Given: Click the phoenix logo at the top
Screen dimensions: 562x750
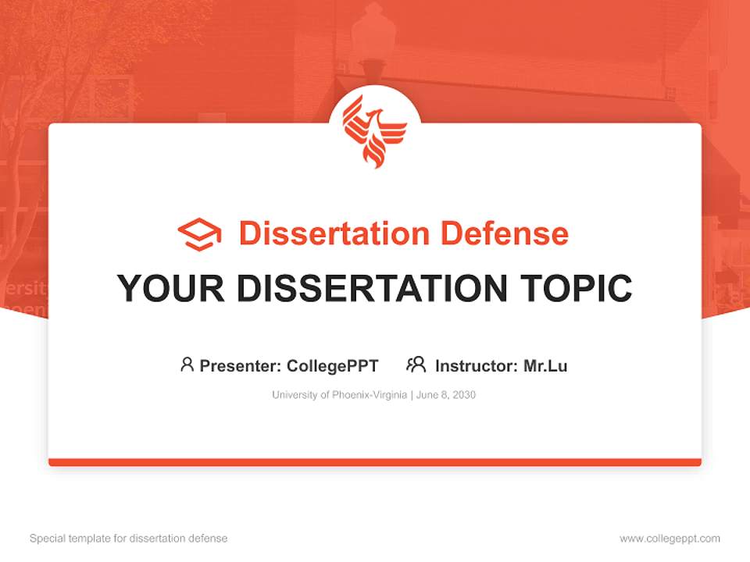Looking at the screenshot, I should click(375, 130).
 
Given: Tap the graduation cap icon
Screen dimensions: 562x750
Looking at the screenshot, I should click(199, 233).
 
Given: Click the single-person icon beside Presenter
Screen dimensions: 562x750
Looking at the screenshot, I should click(187, 365).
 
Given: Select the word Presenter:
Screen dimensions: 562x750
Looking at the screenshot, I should click(240, 365).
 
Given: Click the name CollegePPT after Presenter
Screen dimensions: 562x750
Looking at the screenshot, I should click(333, 365).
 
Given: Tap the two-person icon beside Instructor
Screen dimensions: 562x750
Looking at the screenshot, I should click(416, 365).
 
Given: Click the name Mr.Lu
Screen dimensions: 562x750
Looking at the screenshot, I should click(545, 365).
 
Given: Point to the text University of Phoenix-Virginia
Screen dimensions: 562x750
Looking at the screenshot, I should click(339, 395).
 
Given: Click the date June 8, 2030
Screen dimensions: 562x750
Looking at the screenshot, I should click(446, 395).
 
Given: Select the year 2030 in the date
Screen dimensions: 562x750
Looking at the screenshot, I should click(462, 395).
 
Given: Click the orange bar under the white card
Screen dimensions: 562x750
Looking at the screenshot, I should click(375, 462).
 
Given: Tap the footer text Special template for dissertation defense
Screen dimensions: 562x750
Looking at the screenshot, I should click(129, 539).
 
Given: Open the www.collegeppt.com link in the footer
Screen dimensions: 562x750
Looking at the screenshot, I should click(670, 539).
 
